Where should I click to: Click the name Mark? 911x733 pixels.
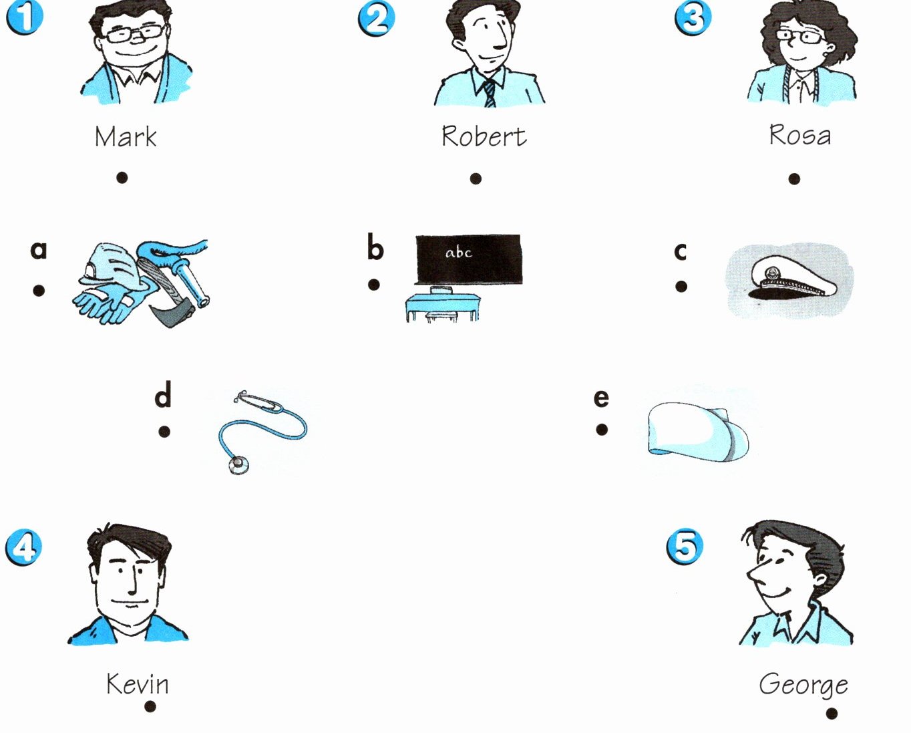[126, 136]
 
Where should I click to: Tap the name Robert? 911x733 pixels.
[484, 136]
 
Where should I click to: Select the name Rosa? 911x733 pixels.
[799, 135]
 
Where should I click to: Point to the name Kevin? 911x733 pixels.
[137, 684]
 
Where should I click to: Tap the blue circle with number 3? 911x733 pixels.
[693, 18]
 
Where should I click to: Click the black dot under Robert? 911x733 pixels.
[476, 178]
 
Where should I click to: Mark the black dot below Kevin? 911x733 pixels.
[150, 706]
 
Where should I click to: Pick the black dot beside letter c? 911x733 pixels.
[681, 287]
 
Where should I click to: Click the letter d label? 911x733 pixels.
[163, 394]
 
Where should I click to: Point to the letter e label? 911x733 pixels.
[601, 398]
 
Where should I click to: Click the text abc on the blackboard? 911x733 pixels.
[458, 253]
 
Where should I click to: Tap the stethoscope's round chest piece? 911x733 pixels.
[238, 465]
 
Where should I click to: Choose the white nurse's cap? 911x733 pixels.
[698, 432]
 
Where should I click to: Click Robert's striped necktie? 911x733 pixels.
[490, 94]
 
